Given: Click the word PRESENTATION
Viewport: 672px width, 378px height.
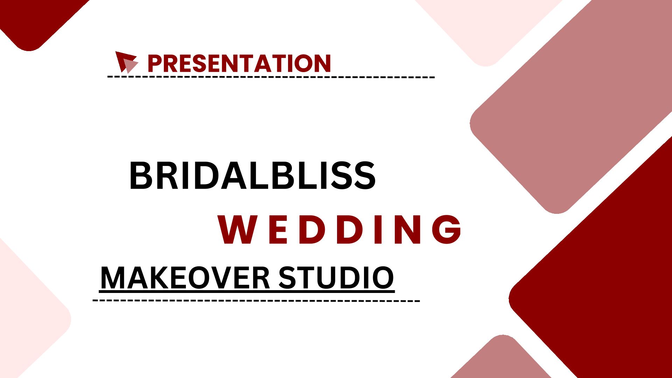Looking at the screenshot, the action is (239, 63).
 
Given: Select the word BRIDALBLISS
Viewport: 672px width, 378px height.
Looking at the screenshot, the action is (252, 176).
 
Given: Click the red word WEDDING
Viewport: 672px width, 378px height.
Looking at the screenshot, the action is (340, 229).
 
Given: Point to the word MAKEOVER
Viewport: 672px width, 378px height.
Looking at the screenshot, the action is (185, 278).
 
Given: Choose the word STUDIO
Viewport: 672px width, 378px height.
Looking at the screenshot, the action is (336, 278).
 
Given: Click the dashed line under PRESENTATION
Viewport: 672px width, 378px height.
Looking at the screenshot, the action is (271, 77).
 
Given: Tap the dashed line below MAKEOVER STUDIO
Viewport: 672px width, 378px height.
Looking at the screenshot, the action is (256, 300).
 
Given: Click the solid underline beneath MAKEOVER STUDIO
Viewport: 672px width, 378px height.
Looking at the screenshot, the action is (247, 291).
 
